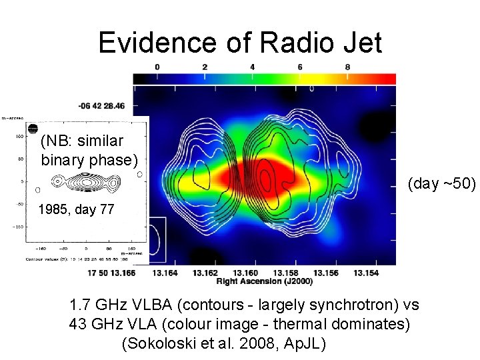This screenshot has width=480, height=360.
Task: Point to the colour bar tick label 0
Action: coord(157,67)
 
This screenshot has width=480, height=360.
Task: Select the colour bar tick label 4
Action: coord(252,67)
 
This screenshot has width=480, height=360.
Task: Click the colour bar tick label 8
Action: coord(347,67)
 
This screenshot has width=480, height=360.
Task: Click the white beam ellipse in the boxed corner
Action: coord(158,239)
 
